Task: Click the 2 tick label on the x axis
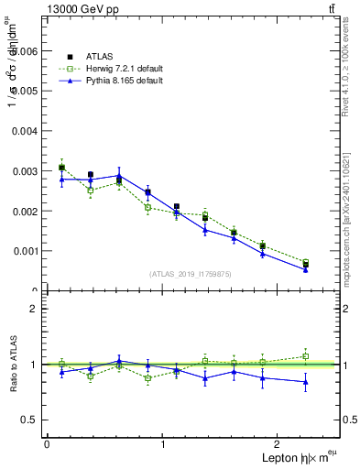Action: pos(279,443)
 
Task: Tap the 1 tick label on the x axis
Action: pos(163,443)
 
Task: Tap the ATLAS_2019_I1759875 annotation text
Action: pos(190,274)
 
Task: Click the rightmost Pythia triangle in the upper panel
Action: pos(306,269)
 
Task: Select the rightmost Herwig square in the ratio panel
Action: pos(306,356)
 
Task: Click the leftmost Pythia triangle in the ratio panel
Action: pos(61,372)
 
